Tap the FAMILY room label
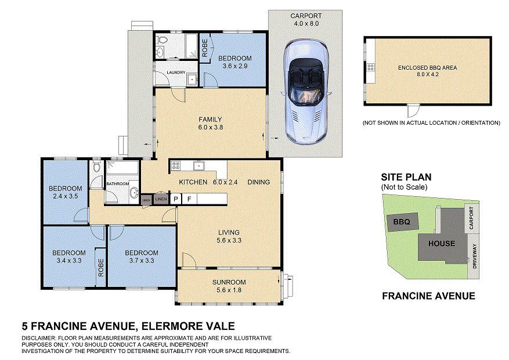click(210, 120)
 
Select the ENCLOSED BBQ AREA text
click(427, 67)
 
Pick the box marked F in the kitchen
click(189, 199)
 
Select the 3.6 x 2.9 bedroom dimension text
click(234, 67)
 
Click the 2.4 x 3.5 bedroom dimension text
click(65, 197)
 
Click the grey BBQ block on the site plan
click(401, 222)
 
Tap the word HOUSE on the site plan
click(441, 243)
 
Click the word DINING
click(258, 182)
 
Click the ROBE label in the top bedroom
click(204, 49)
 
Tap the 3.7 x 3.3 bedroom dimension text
click(142, 261)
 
